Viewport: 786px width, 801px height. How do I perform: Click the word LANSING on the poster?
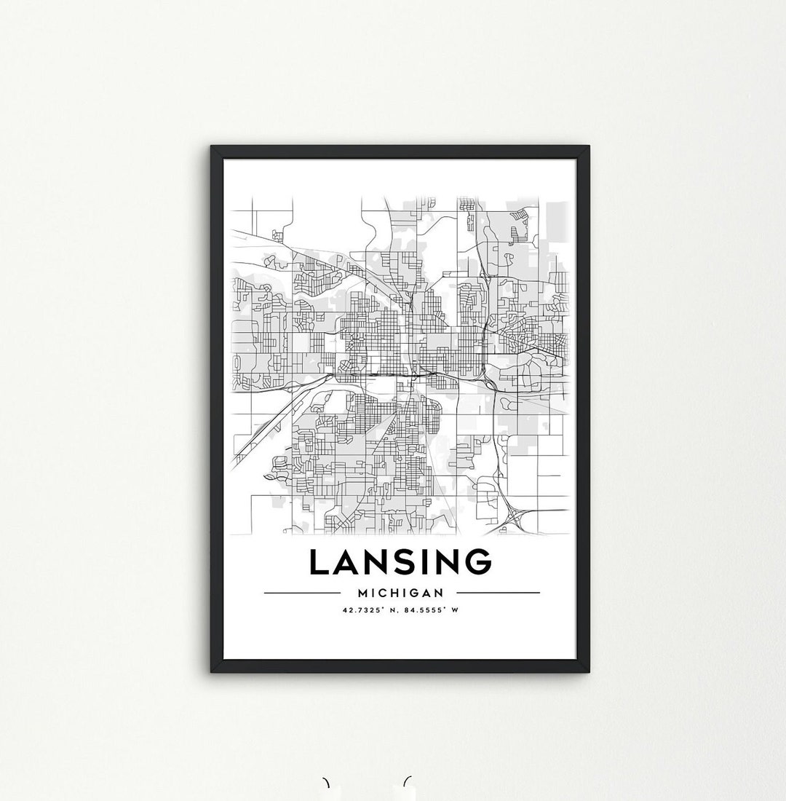[400, 562]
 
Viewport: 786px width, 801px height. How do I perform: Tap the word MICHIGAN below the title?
[401, 593]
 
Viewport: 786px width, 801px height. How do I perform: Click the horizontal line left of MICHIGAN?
[293, 593]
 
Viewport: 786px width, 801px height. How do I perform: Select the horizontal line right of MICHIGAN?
[509, 593]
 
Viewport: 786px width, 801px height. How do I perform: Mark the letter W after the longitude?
[455, 610]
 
